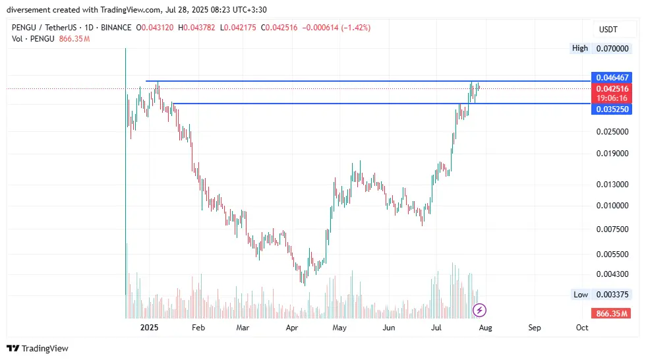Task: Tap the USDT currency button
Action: [607, 30]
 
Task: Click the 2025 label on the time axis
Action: [150, 327]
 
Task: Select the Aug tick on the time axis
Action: [485, 327]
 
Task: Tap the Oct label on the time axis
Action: [582, 327]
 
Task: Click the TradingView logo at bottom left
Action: [38, 348]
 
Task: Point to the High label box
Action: [580, 48]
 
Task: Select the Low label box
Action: [580, 295]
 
